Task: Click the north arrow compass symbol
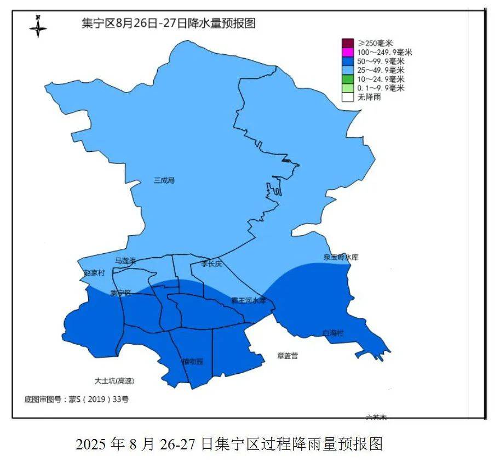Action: click(x=38, y=26)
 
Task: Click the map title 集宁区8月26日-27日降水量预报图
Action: click(x=168, y=24)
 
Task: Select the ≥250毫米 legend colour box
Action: click(x=348, y=43)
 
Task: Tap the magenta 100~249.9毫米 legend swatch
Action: click(x=348, y=52)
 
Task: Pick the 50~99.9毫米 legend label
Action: click(x=381, y=61)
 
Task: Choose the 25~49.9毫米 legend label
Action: click(x=381, y=70)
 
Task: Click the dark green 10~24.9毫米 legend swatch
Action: click(x=348, y=79)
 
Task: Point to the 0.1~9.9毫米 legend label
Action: click(x=381, y=88)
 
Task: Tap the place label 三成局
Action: click(x=164, y=180)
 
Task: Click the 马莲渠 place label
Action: click(x=125, y=261)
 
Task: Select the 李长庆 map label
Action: click(x=211, y=264)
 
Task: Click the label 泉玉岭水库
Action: click(x=341, y=257)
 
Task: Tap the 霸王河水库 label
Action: click(x=248, y=301)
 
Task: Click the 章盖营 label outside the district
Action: click(x=288, y=356)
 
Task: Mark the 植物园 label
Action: click(x=192, y=361)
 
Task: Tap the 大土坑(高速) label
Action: click(x=114, y=380)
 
